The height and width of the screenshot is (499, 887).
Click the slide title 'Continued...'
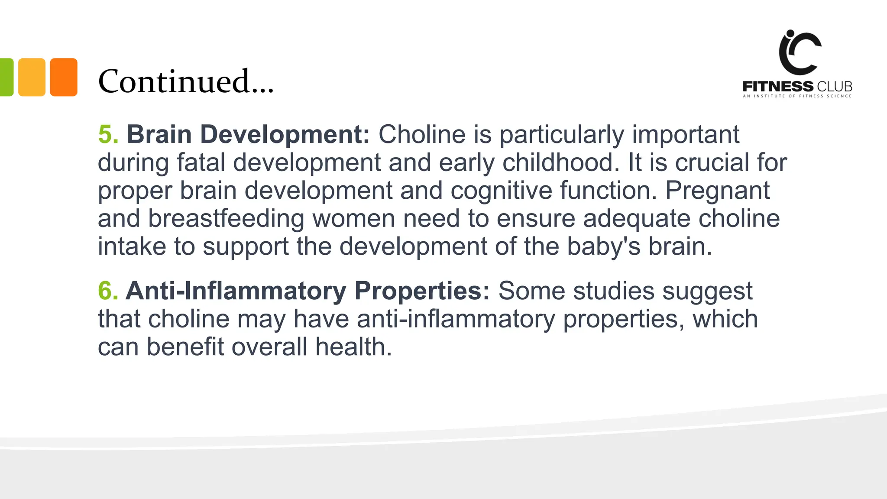click(x=186, y=81)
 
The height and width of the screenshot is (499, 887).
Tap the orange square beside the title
click(x=64, y=77)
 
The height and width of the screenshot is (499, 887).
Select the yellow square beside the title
click(x=32, y=77)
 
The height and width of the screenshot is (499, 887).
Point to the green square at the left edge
click(x=6, y=77)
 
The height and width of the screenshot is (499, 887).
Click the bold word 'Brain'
click(x=159, y=134)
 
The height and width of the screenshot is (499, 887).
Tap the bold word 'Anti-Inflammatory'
click(x=236, y=291)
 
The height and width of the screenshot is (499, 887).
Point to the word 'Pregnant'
click(x=717, y=191)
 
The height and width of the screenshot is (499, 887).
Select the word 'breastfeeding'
click(x=226, y=219)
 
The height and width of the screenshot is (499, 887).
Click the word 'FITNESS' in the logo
click(x=778, y=86)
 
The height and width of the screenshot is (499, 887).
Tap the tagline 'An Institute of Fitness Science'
click(x=797, y=96)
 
